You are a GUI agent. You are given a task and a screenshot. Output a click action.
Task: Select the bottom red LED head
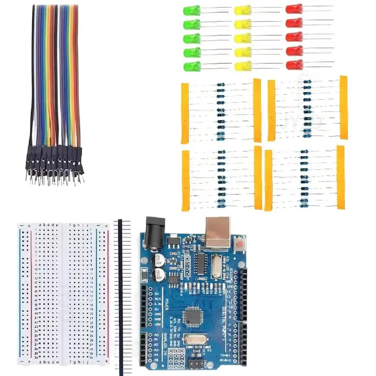[294, 64]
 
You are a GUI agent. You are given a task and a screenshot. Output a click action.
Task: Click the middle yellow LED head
[242, 37]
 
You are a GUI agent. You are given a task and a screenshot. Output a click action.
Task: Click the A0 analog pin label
[157, 334]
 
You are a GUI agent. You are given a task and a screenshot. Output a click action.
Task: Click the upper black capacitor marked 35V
[159, 261]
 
